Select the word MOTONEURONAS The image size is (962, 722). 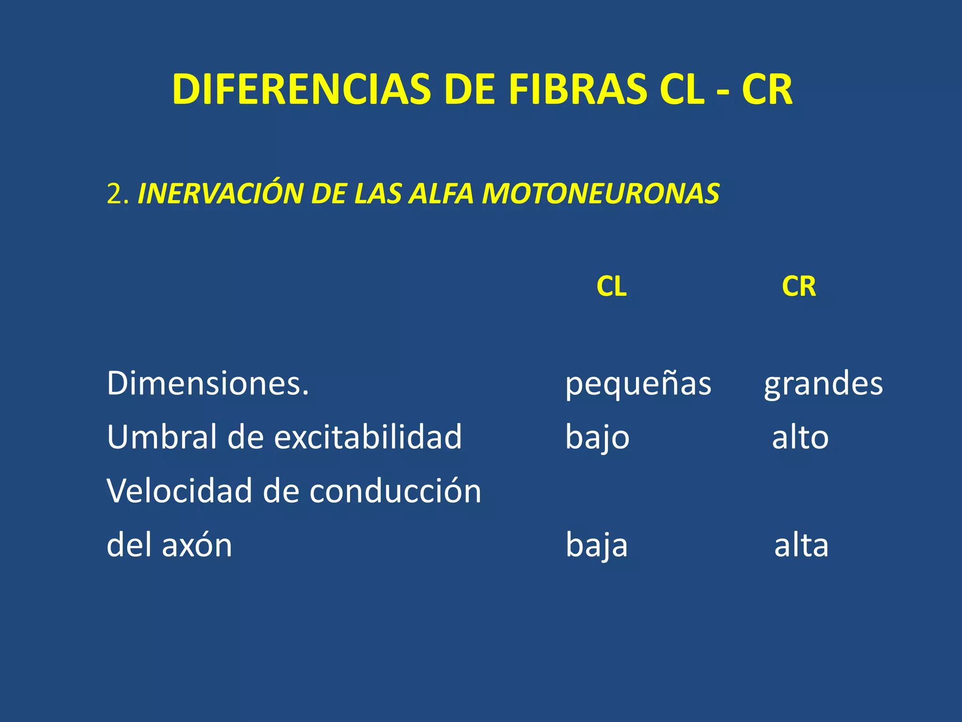coord(600,194)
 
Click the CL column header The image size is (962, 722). coord(611,286)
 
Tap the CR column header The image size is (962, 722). coord(799,286)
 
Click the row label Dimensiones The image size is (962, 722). coord(208,383)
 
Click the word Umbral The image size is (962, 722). coord(163,437)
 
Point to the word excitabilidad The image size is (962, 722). coord(368,437)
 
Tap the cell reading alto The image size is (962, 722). coord(800,437)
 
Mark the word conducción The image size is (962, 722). coord(396,491)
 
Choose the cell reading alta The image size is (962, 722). coord(801,545)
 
